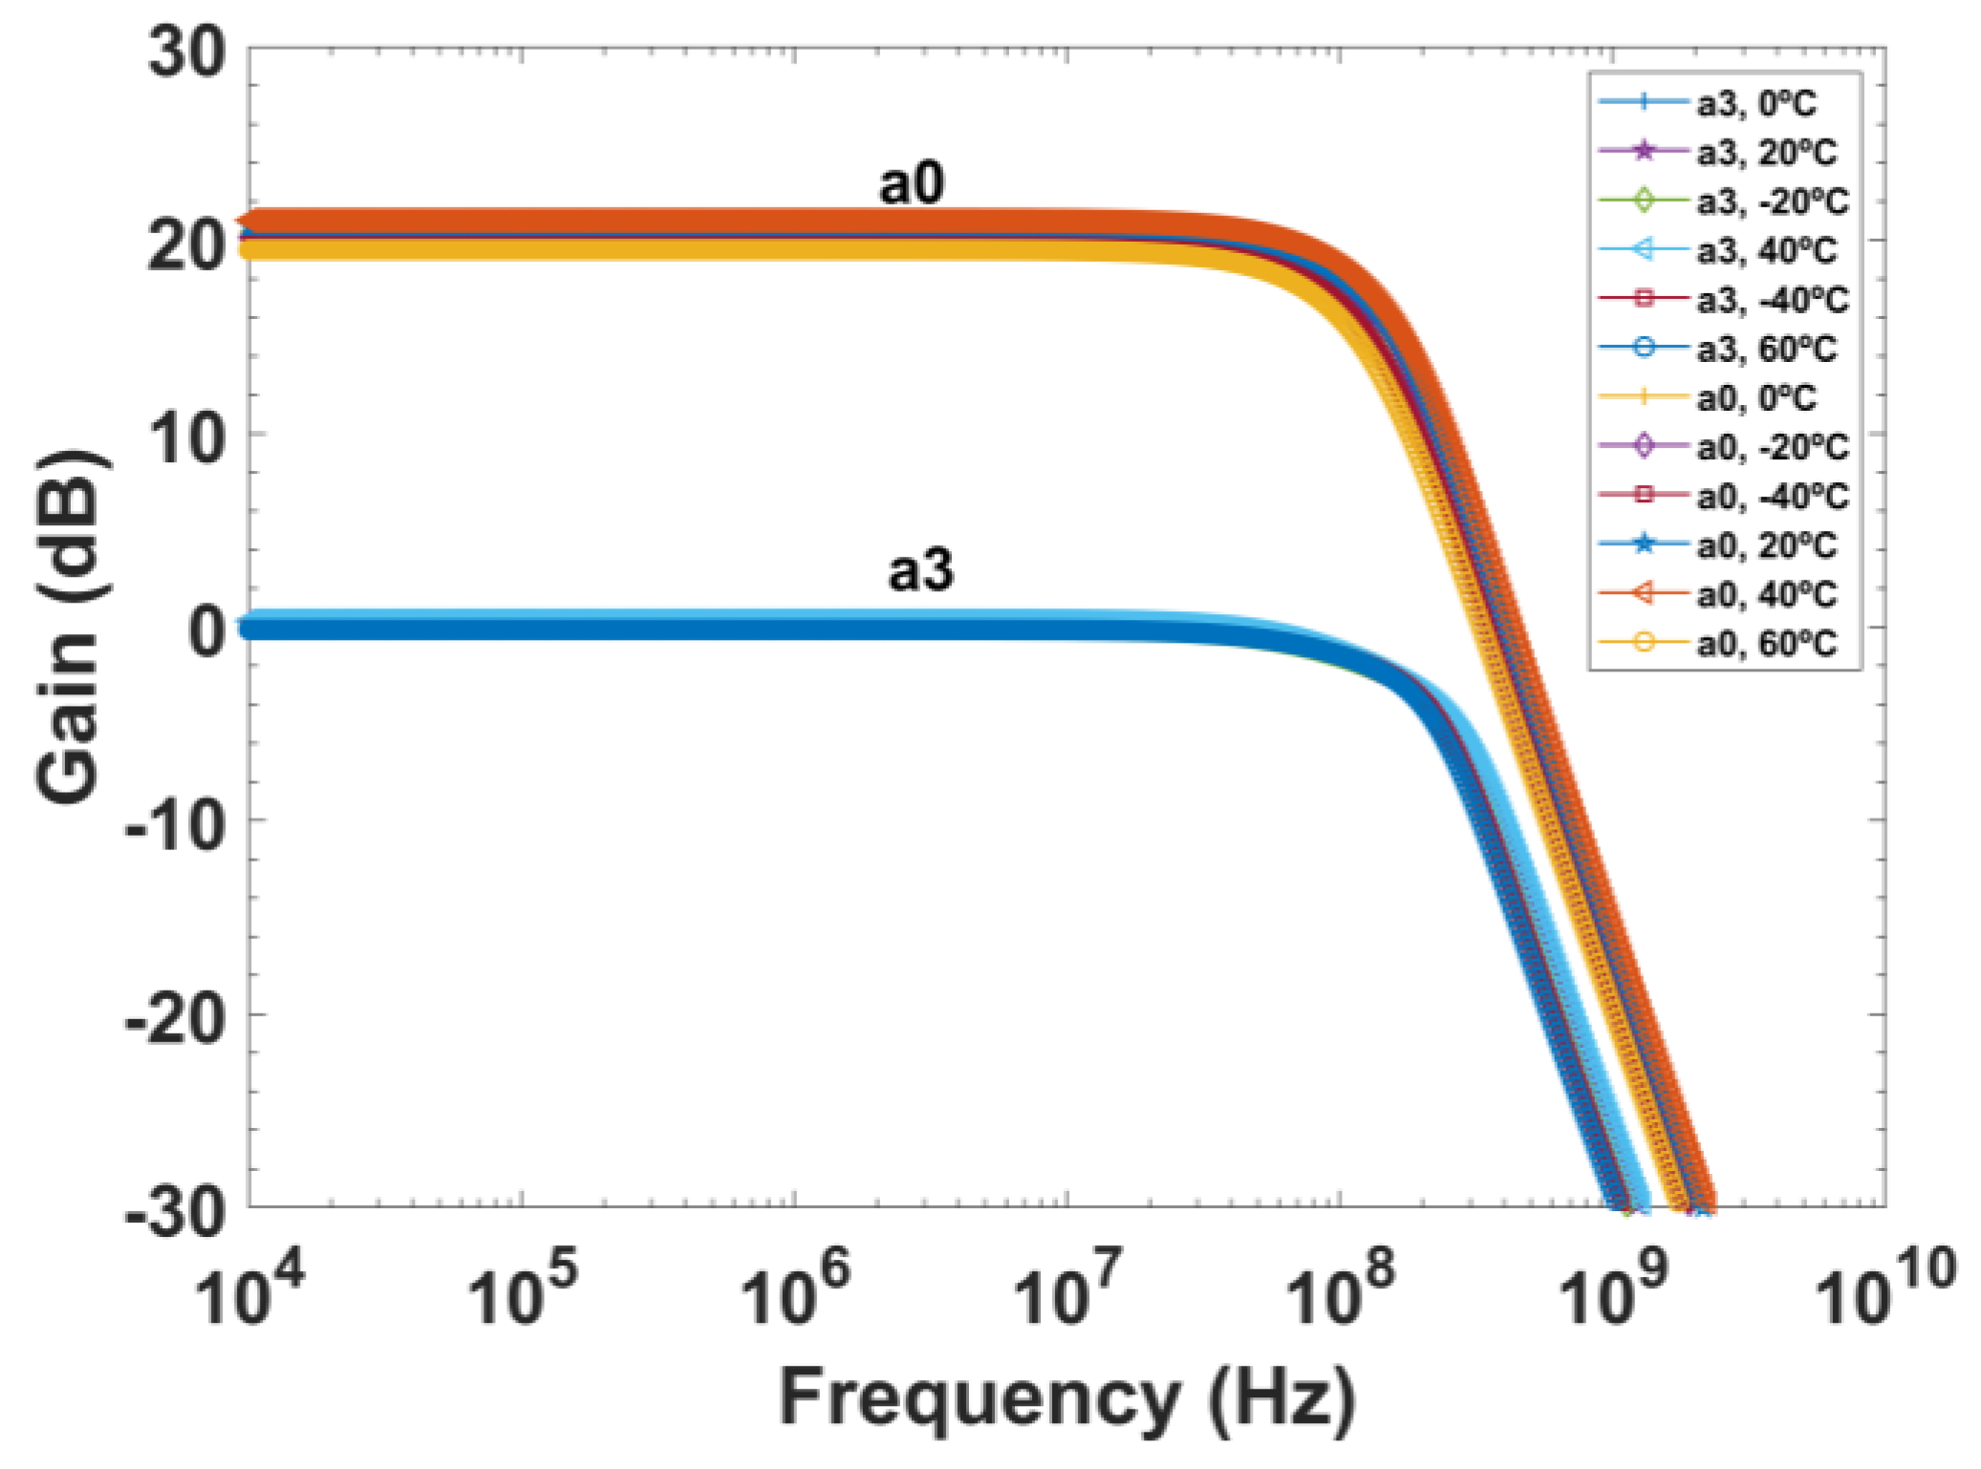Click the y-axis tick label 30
(187, 52)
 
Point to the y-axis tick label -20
(176, 1018)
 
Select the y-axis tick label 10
(187, 439)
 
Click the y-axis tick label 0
(207, 631)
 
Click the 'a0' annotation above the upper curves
(911, 182)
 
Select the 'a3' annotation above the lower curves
(920, 570)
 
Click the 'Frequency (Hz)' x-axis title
(1066, 1397)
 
